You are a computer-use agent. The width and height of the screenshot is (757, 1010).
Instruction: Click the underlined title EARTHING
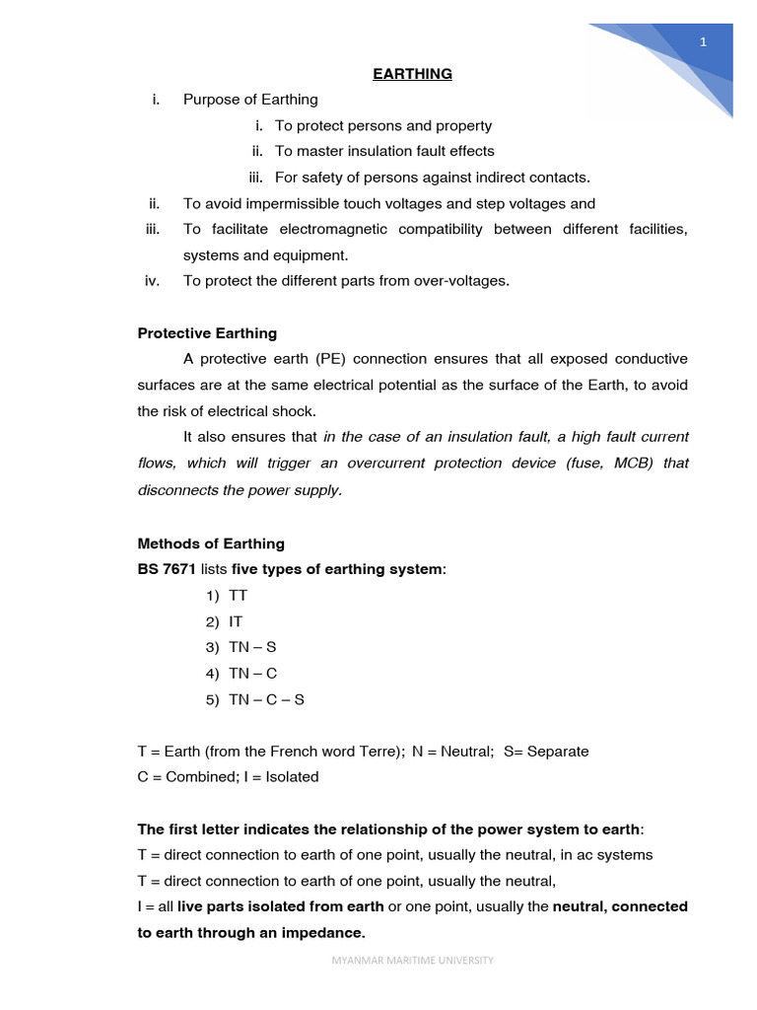tap(412, 74)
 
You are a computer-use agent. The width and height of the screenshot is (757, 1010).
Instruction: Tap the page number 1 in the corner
tap(703, 41)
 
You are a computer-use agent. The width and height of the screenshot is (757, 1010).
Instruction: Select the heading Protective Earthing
tap(207, 332)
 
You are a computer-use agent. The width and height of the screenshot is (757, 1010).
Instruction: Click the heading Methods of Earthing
tap(211, 543)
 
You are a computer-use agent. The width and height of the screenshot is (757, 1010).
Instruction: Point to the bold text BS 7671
tap(167, 570)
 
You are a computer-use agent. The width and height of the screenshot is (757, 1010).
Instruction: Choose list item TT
tap(238, 596)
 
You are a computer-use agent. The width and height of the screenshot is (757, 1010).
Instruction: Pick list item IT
tap(236, 621)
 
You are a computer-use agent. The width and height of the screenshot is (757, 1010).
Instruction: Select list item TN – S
tap(252, 648)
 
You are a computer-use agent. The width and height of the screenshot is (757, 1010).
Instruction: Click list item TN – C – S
tap(266, 699)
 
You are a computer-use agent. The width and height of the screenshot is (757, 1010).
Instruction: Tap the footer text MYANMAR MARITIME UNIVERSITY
tap(412, 960)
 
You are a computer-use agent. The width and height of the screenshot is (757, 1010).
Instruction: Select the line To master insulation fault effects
tap(384, 151)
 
